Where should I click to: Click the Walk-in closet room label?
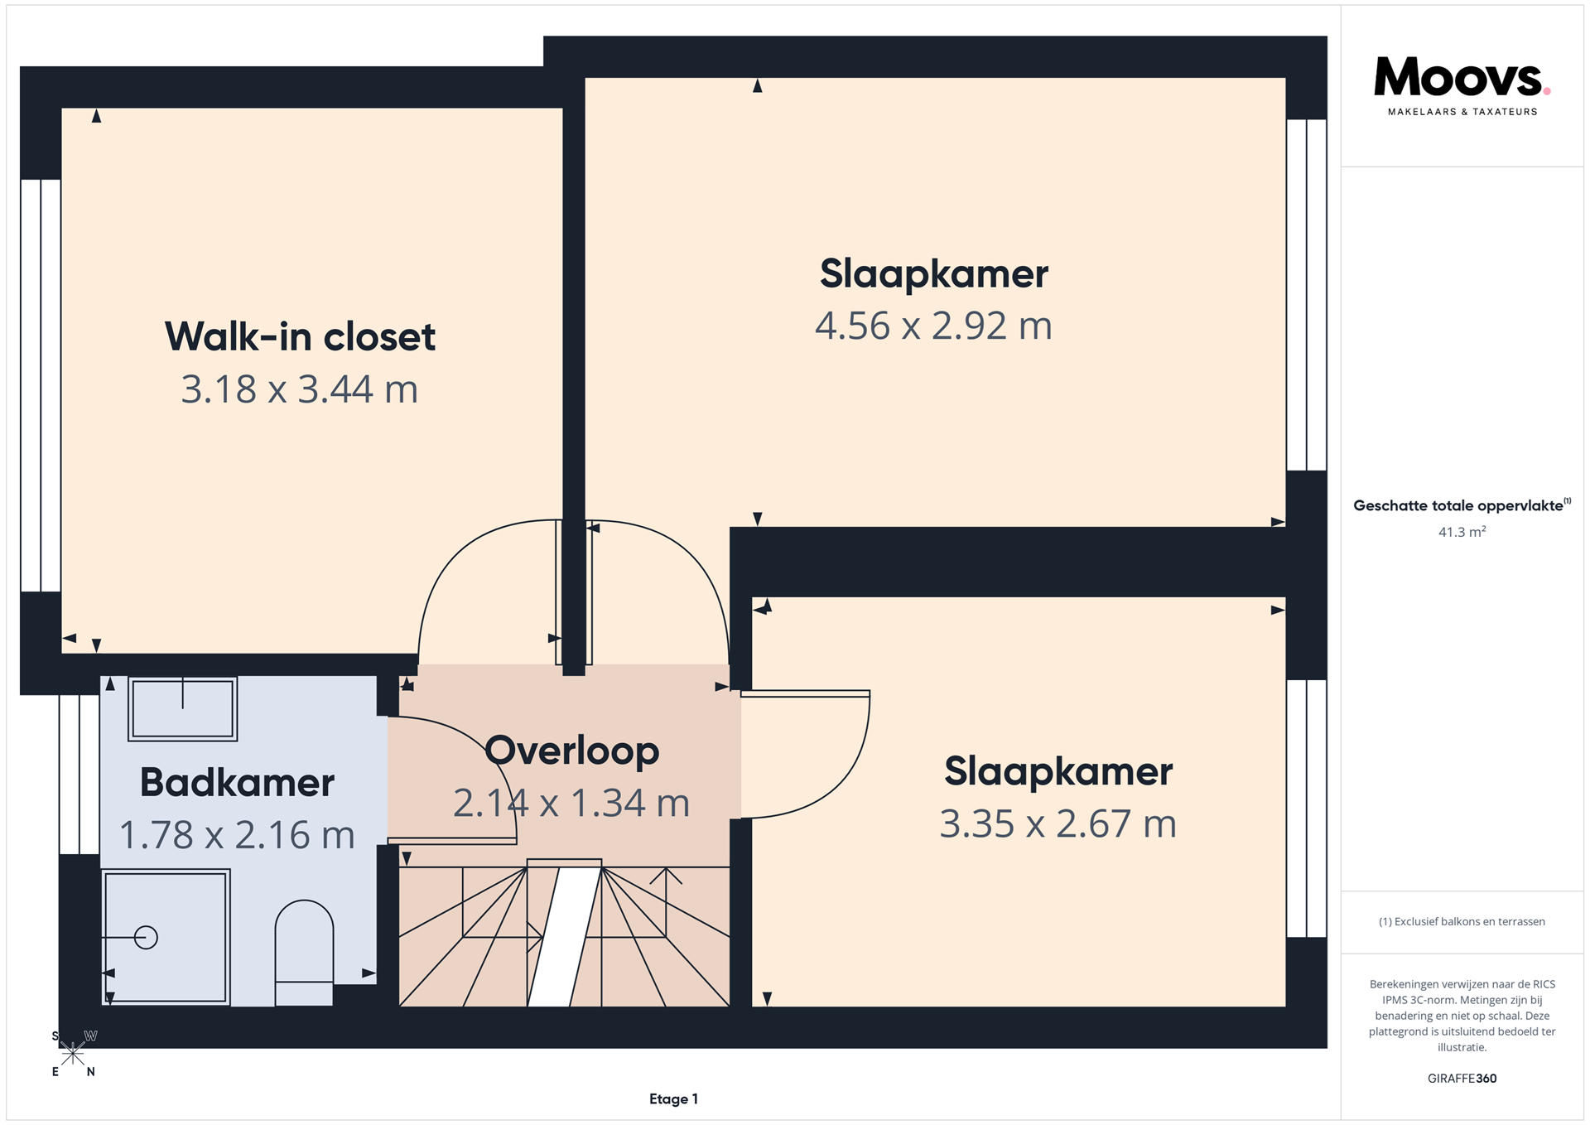[300, 336]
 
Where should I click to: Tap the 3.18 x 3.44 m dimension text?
[300, 389]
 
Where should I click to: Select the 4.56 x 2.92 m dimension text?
[933, 326]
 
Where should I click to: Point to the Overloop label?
[572, 751]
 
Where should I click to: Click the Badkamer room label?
[237, 783]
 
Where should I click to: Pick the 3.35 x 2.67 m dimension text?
[1058, 824]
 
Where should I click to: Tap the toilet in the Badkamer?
[304, 953]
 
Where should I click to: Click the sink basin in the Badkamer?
[183, 708]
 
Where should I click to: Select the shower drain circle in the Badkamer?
[146, 937]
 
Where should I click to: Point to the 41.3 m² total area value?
[1462, 532]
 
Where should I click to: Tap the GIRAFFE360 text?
[1462, 1079]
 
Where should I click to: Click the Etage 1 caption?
[673, 1099]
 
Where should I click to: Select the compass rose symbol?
[74, 1054]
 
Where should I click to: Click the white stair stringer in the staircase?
[565, 937]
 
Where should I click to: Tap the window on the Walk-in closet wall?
[41, 385]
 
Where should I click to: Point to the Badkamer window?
[79, 775]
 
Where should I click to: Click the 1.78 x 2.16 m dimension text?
[237, 835]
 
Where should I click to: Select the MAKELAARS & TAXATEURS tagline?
[1462, 112]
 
